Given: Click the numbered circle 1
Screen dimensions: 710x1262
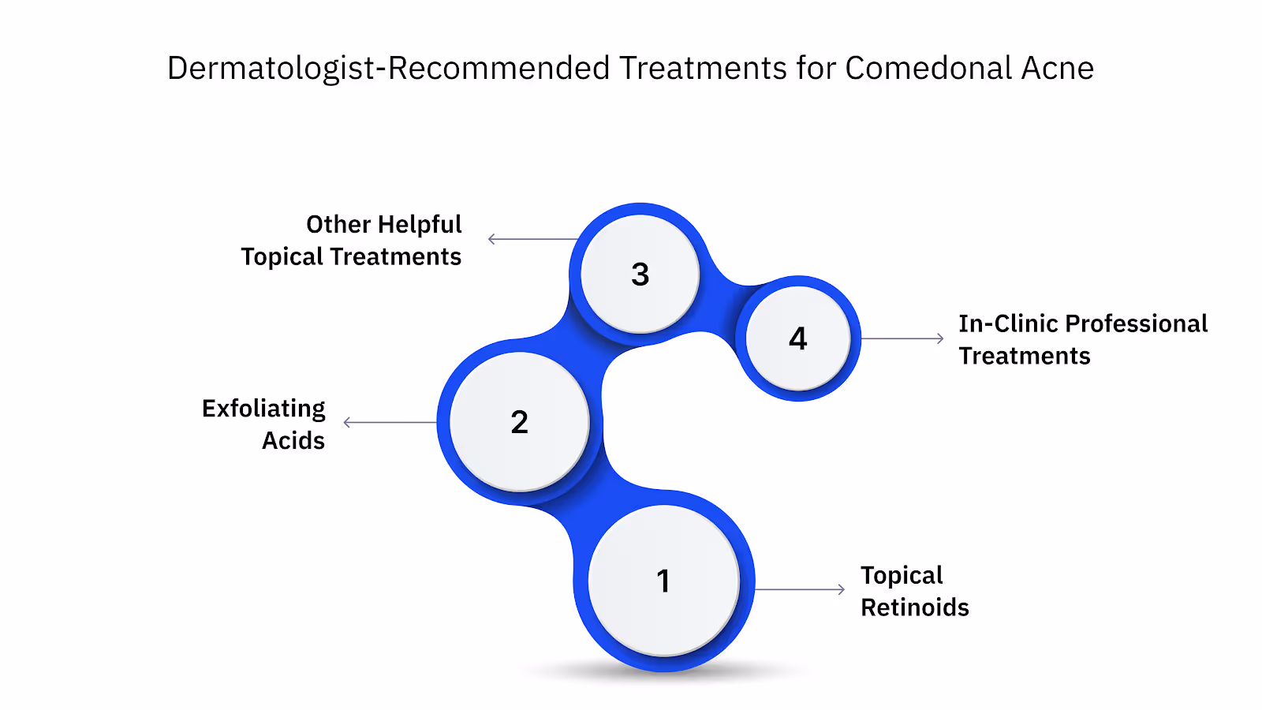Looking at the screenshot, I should tap(663, 581).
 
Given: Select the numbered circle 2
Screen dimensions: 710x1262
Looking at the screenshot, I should tap(519, 422).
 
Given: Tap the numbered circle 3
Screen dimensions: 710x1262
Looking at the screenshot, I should tap(640, 275).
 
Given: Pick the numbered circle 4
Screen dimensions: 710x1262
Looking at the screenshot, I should tap(797, 338).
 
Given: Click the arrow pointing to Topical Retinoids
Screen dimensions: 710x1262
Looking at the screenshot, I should tap(800, 589).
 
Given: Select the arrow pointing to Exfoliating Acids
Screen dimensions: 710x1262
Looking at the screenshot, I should tap(390, 422).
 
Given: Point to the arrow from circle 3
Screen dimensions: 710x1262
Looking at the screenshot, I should tap(533, 239).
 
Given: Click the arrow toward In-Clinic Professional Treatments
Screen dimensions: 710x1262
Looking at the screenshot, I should tap(902, 338).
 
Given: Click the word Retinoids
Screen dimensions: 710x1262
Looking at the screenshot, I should tap(915, 607).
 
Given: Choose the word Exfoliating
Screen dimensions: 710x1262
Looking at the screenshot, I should tap(263, 409).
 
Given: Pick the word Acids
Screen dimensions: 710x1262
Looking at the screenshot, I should tap(293, 440).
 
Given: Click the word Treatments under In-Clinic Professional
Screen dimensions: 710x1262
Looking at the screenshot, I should tap(1025, 356).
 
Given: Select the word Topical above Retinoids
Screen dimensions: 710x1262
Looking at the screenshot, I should tap(902, 576).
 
